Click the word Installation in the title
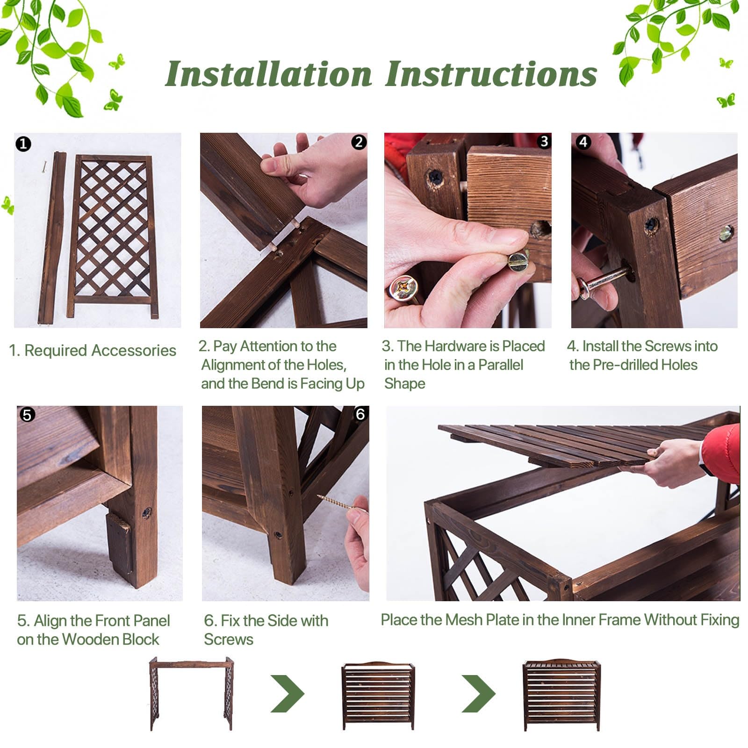(269, 74)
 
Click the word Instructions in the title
(491, 74)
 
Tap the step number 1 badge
(23, 144)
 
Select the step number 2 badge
(359, 142)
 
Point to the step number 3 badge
(544, 142)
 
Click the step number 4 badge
(583, 142)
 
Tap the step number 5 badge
(27, 415)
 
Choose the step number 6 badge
(360, 414)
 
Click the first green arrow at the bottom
(288, 693)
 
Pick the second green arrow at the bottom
(479, 693)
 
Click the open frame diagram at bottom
(191, 693)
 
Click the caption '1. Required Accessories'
(93, 351)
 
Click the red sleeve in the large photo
(721, 453)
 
